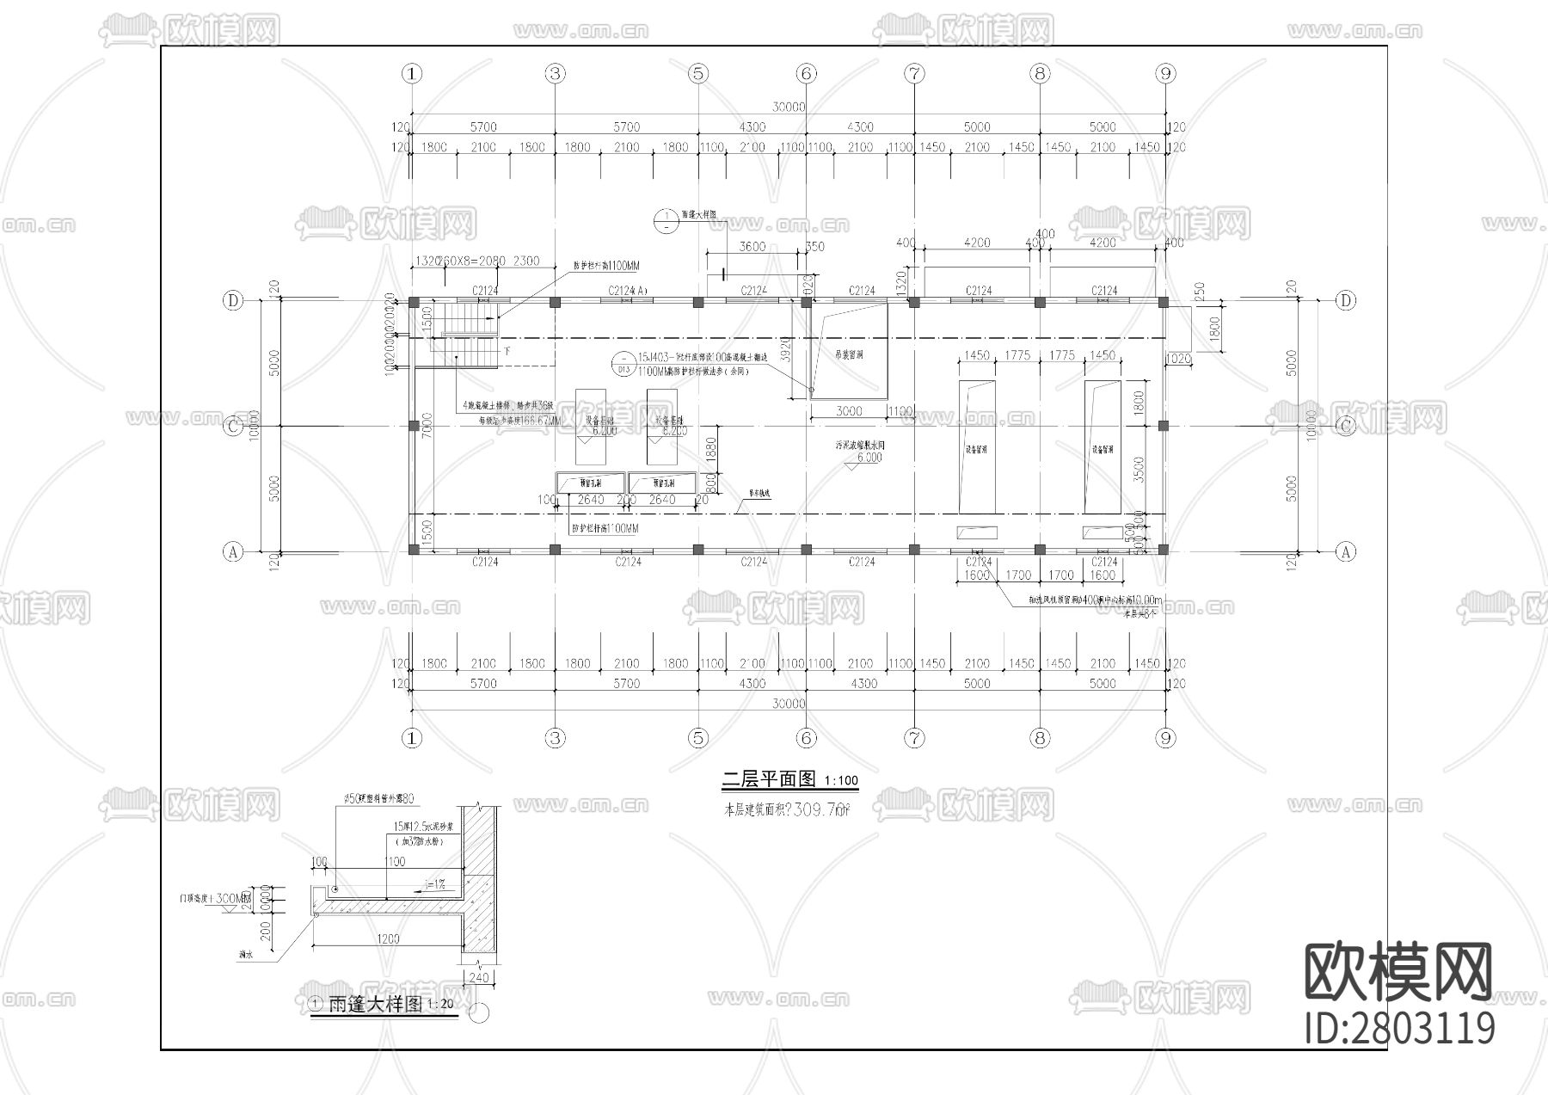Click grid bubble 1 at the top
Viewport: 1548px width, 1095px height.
pyautogui.click(x=413, y=74)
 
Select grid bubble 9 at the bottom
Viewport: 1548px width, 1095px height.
pyautogui.click(x=1165, y=737)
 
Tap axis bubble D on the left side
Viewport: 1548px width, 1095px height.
pyautogui.click(x=233, y=300)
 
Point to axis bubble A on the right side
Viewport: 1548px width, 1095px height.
pyautogui.click(x=1346, y=552)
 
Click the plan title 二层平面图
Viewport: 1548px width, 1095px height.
pyautogui.click(x=768, y=779)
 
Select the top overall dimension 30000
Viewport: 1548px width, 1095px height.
pyautogui.click(x=789, y=108)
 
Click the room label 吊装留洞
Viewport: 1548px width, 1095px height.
pyautogui.click(x=849, y=354)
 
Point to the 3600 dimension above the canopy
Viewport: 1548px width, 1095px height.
pyautogui.click(x=752, y=246)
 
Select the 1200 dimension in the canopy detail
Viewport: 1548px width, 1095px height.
pyautogui.click(x=388, y=938)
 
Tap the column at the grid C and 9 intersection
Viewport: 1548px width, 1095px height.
pyautogui.click(x=1164, y=426)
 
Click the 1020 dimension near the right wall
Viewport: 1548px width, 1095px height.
pyautogui.click(x=1177, y=358)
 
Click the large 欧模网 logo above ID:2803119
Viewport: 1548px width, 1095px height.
pyautogui.click(x=1397, y=972)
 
